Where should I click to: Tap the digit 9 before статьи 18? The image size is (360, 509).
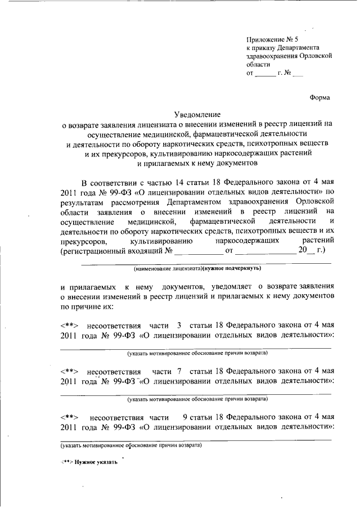coord(184,417)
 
